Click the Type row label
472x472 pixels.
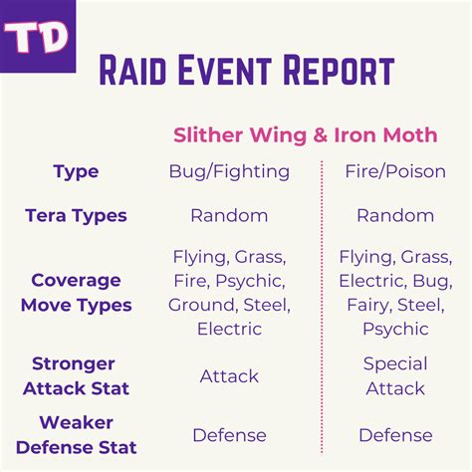point(76,172)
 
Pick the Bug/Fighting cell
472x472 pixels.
point(229,172)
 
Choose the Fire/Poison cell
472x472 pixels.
point(395,172)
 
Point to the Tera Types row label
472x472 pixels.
point(76,215)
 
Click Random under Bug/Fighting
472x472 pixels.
point(229,215)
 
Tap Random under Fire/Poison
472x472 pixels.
point(395,215)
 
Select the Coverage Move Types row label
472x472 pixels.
point(76,293)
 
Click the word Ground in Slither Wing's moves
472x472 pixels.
point(200,305)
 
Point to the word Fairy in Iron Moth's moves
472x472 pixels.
point(363,305)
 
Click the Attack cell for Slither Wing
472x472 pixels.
point(229,376)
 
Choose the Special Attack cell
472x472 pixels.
point(395,376)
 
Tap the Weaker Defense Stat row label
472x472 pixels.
point(76,435)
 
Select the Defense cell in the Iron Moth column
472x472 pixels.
point(395,435)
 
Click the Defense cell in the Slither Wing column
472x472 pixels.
point(229,435)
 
